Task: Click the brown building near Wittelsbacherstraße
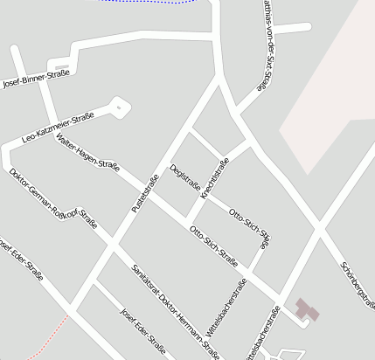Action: [x=306, y=310]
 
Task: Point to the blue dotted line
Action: [x=149, y=3]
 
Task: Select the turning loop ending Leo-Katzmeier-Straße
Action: [x=118, y=107]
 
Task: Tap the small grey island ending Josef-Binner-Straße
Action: [x=59, y=64]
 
